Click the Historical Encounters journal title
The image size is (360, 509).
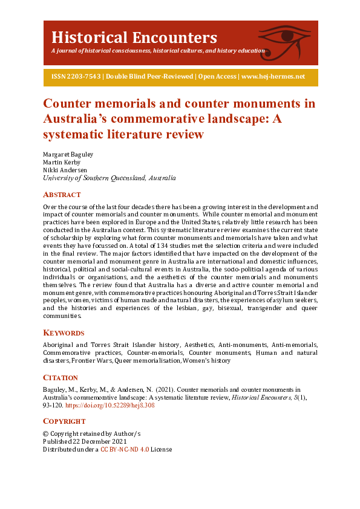click(134, 37)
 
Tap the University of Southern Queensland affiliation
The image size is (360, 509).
click(109, 178)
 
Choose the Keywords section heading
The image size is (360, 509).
click(64, 332)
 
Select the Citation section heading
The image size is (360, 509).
click(61, 377)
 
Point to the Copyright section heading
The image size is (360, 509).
click(64, 421)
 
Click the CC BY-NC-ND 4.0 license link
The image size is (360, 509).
click(124, 449)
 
